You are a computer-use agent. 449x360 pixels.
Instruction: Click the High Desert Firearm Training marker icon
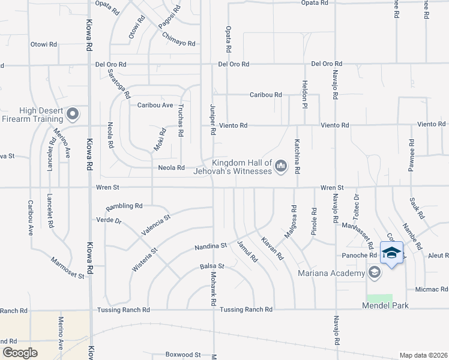[73, 113]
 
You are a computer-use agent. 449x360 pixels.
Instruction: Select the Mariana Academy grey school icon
[375, 274]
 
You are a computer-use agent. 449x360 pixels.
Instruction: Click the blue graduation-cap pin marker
[391, 253]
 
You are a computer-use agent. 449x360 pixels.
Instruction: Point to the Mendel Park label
[385, 306]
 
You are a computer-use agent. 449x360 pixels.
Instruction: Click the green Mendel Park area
[379, 298]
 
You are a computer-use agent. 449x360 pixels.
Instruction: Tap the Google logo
[20, 353]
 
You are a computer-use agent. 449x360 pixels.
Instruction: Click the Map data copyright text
[424, 355]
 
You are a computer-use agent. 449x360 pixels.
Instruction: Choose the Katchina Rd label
[297, 155]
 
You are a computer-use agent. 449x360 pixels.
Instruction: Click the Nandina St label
[211, 246]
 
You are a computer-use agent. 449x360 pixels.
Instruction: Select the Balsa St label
[212, 266]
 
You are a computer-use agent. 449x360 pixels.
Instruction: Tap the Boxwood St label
[182, 355]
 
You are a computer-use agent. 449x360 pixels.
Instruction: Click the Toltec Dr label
[357, 205]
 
